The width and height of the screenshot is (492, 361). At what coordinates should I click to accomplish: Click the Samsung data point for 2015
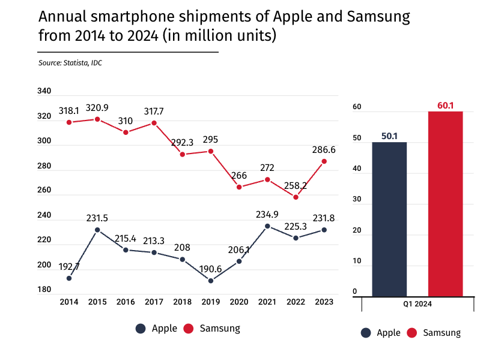(x=97, y=119)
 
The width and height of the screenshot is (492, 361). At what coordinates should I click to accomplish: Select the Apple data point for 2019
(x=211, y=281)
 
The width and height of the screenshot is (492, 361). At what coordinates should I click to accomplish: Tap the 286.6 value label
(x=324, y=149)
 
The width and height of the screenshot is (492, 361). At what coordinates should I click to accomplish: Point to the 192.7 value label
(x=68, y=266)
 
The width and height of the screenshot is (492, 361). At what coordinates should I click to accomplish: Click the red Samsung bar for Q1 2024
(x=445, y=204)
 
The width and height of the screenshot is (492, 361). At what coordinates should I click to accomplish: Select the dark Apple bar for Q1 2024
(x=389, y=219)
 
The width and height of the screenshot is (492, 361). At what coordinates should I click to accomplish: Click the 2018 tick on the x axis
(x=183, y=302)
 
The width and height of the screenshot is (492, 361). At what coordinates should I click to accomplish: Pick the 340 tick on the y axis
(x=44, y=91)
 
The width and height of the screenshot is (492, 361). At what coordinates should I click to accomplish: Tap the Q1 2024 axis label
(x=417, y=304)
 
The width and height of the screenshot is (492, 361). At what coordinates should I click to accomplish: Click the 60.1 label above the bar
(x=445, y=106)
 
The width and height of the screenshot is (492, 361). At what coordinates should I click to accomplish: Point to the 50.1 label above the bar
(x=389, y=136)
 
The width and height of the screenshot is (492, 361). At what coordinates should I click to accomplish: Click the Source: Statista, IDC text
(x=70, y=63)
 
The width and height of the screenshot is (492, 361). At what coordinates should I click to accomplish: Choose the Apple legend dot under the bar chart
(x=366, y=333)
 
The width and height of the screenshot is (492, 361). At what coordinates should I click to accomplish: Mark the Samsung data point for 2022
(x=296, y=197)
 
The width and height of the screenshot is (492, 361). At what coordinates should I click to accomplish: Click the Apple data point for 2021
(x=267, y=226)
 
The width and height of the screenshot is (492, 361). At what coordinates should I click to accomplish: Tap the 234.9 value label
(x=267, y=215)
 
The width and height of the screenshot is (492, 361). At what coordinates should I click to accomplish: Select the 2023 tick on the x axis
(x=324, y=302)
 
